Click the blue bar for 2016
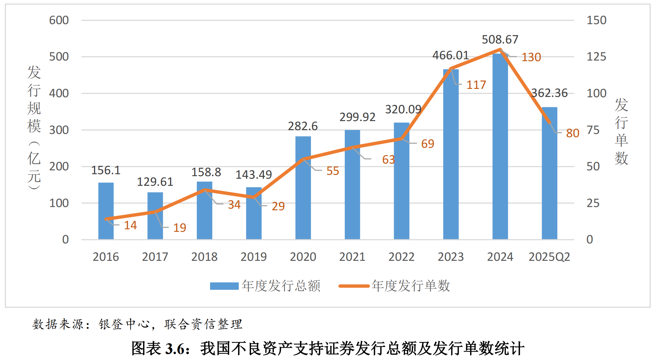[106, 211]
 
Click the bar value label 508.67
[500, 40]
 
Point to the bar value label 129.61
[155, 182]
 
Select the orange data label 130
[531, 57]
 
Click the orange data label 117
[476, 85]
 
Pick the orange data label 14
[130, 225]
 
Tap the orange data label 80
[573, 133]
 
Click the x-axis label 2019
[254, 257]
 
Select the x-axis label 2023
[450, 257]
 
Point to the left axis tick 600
[59, 20]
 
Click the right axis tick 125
[596, 57]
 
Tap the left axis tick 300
[59, 130]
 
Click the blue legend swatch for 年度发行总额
[224, 286]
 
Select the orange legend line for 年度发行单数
[354, 286]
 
